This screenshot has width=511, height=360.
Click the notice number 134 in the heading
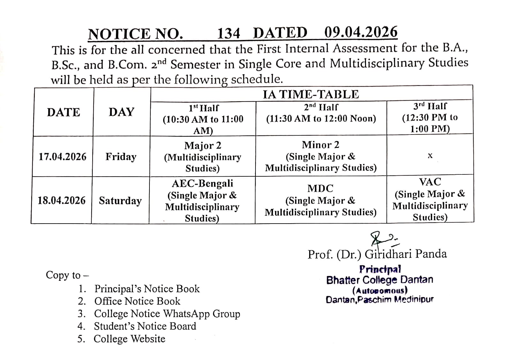pos(228,33)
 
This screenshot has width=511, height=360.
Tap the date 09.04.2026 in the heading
pos(361,32)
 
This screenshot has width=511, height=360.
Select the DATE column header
pos(63,112)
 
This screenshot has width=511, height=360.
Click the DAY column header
pos(121,112)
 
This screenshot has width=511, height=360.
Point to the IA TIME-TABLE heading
pos(310,94)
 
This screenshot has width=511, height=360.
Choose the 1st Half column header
pos(203,119)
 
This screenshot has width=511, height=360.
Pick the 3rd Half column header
pos(430,117)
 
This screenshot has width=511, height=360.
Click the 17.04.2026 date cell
pos(63,157)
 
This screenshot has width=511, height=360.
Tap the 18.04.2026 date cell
pos(62,201)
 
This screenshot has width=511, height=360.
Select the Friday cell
pos(121,157)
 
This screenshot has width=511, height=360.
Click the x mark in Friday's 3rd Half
pos(430,156)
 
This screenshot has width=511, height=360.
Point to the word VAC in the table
pos(430,182)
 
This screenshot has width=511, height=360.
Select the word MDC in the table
pos(320,188)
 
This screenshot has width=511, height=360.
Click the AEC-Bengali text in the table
pos(202,184)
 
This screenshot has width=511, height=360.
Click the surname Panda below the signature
pos(431,254)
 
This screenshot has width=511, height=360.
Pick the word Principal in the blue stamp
pos(380,269)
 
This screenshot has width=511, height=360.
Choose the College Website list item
pos(129,339)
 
